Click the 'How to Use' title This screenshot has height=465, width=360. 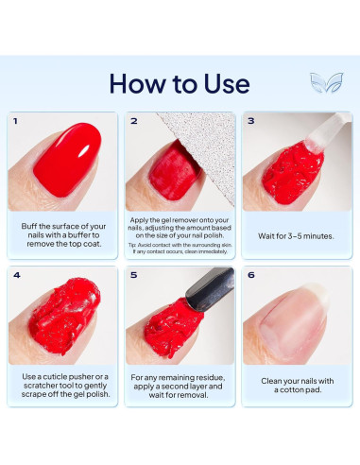click(179, 83)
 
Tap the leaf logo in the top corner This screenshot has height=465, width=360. click(326, 82)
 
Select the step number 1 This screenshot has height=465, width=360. click(16, 121)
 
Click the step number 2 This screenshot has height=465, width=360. click(134, 121)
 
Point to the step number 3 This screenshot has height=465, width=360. click(251, 121)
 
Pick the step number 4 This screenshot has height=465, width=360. click(16, 275)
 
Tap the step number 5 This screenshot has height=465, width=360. click(134, 275)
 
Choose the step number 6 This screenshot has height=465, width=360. click(251, 275)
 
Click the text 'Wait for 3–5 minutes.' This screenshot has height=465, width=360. click(296, 238)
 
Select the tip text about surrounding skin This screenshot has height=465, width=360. click(179, 249)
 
